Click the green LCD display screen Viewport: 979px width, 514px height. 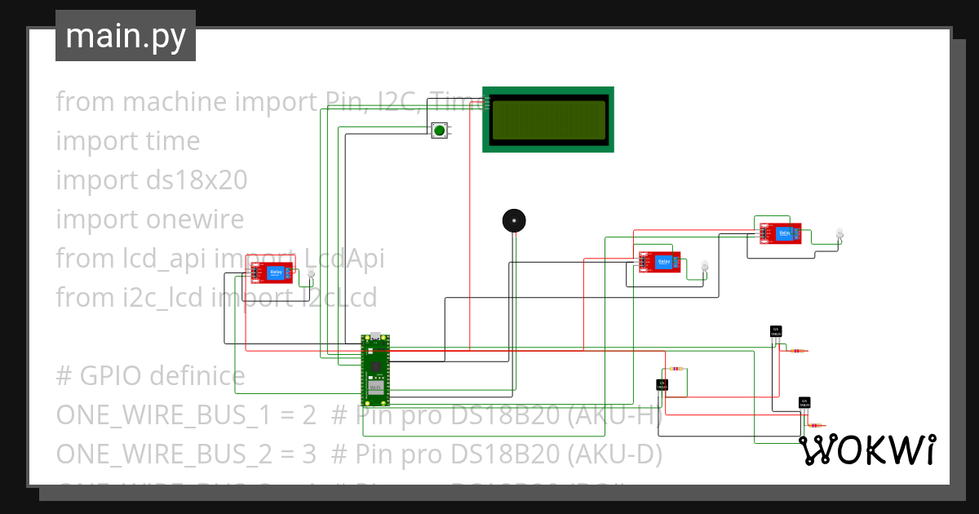pyautogui.click(x=548, y=119)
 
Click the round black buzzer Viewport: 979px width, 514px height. pyautogui.click(x=513, y=220)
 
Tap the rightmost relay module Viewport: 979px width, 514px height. pyautogui.click(x=781, y=233)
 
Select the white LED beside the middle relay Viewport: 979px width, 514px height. pyautogui.click(x=705, y=266)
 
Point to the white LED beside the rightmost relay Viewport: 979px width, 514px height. pyautogui.click(x=839, y=235)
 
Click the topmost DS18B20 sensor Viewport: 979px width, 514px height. pyautogui.click(x=776, y=331)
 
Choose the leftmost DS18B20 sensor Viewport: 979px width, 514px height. pyautogui.click(x=662, y=384)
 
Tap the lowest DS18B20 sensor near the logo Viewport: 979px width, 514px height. pyautogui.click(x=804, y=402)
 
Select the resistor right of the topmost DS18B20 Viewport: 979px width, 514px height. pyautogui.click(x=797, y=351)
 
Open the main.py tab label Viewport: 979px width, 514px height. pyautogui.click(x=126, y=37)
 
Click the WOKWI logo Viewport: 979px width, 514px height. pyautogui.click(x=866, y=450)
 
